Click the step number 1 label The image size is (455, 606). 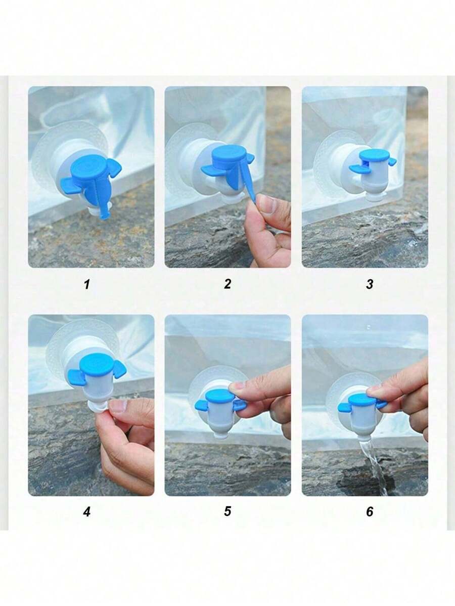[86, 284]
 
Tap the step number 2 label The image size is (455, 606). [227, 284]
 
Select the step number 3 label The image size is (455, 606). [370, 284]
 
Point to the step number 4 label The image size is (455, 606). [86, 512]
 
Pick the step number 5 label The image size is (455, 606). [227, 511]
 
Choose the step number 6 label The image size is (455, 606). [370, 512]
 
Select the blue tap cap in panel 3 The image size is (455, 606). [374, 155]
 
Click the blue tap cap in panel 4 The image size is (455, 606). [96, 365]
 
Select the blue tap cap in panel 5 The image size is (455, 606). [220, 396]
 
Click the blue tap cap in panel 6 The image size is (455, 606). [362, 399]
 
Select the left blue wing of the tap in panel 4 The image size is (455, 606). [76, 376]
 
